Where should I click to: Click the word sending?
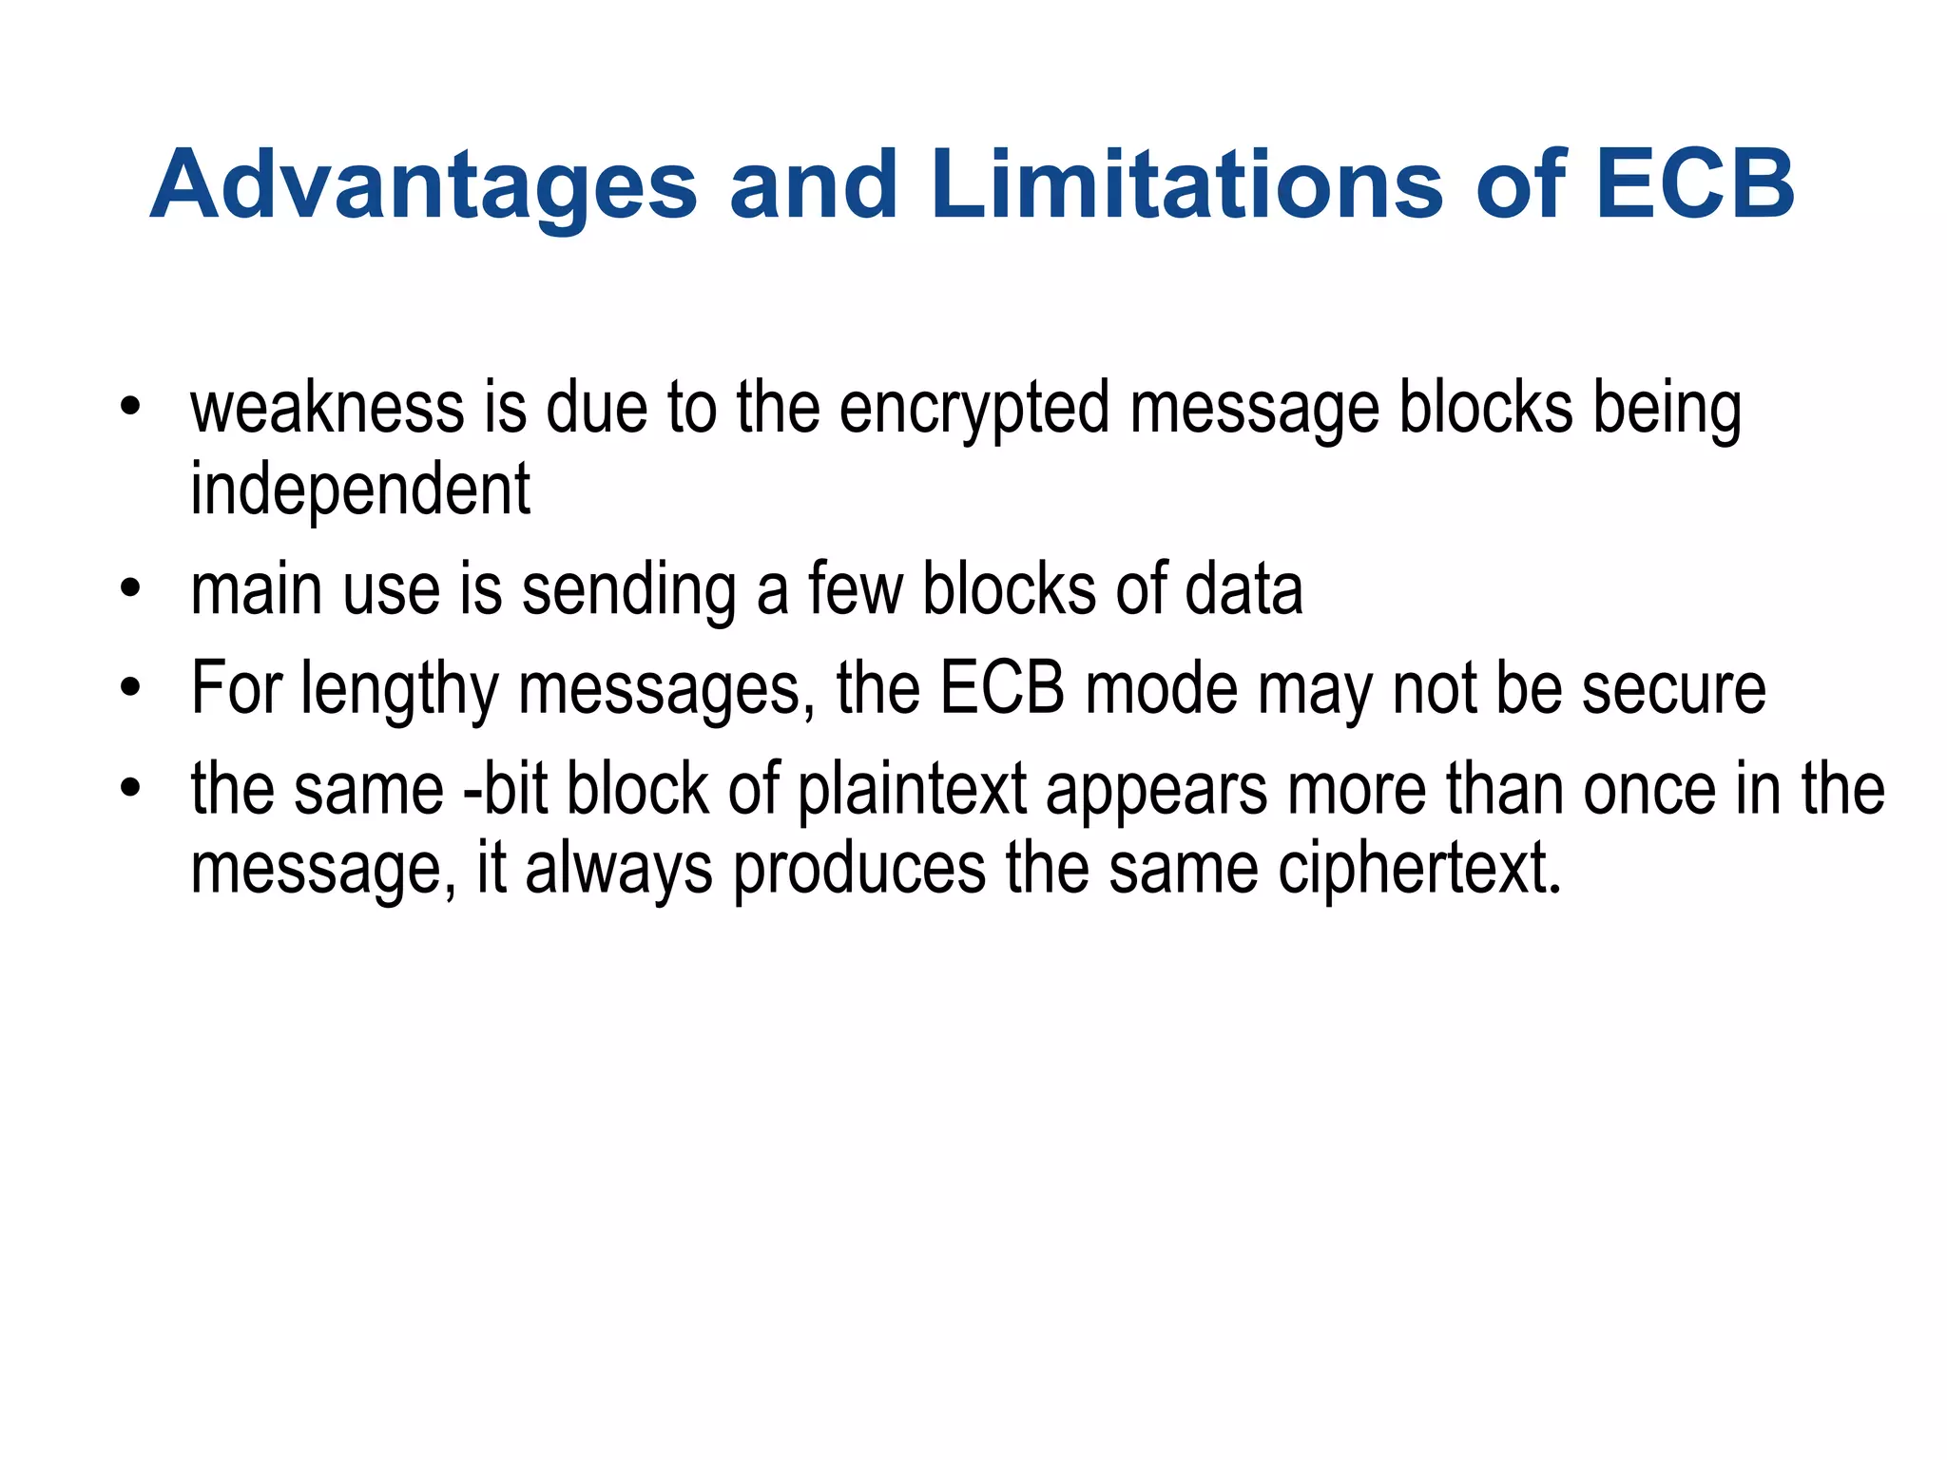tap(628, 591)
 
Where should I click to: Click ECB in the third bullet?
tap(1002, 688)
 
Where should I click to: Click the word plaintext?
tap(912, 791)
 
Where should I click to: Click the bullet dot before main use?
tap(131, 589)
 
